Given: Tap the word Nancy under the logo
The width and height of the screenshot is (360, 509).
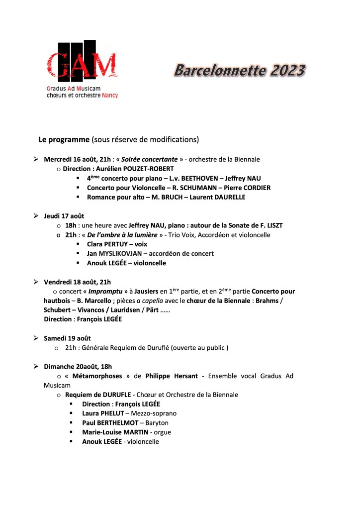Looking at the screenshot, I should point(109,95).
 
